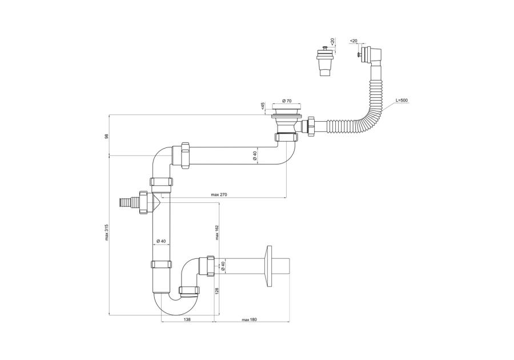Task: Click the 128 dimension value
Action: coord(217,291)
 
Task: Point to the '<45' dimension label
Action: coord(263,106)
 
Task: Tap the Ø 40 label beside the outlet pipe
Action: coord(224,265)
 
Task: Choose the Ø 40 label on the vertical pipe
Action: coord(160,242)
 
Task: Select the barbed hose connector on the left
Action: coord(127,201)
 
